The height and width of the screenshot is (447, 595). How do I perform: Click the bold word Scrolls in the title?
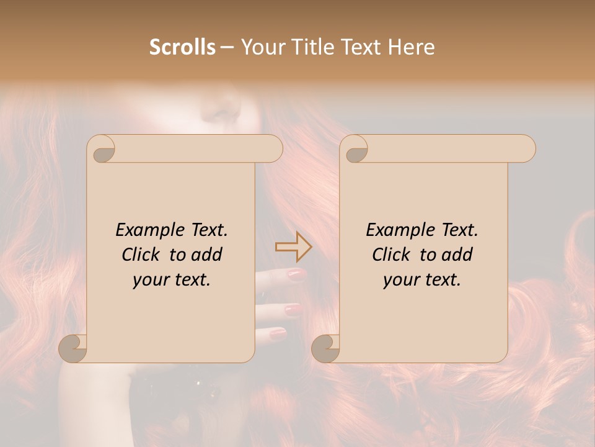183,47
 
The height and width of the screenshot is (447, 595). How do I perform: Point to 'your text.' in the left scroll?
172,279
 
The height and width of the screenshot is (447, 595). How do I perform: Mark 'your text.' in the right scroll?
422,279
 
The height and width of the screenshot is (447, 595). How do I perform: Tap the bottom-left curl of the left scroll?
73,348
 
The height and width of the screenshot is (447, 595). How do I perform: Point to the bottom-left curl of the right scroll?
326,348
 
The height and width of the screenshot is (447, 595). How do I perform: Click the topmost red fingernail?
296,274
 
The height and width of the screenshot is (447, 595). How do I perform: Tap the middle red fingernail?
292,308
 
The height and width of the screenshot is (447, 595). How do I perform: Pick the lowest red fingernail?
278,333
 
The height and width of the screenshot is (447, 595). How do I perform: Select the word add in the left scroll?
207,255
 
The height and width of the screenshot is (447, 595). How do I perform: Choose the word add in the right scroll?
457,255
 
